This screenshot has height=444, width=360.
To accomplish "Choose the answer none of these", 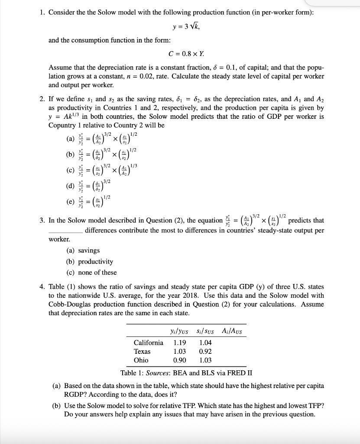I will point(97,272).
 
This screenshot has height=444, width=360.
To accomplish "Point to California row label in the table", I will point(148,343).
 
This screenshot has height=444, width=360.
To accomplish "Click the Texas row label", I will point(142,351).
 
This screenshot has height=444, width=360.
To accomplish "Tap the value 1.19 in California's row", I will point(180,343).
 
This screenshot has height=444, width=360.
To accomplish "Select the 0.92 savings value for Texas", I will point(205,351).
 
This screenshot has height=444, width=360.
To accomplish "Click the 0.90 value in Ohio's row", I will point(180,360).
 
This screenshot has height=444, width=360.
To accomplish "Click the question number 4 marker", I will point(42,287).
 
